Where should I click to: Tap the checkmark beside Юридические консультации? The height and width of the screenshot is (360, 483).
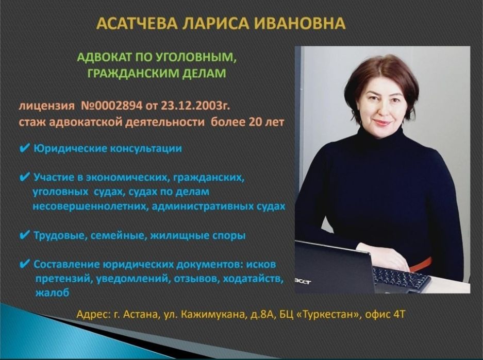[x=24, y=149]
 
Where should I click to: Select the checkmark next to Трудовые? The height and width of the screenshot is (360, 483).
[x=24, y=235]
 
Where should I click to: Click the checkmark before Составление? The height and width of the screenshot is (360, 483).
[x=24, y=264]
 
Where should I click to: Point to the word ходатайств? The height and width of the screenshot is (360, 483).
[x=256, y=279]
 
